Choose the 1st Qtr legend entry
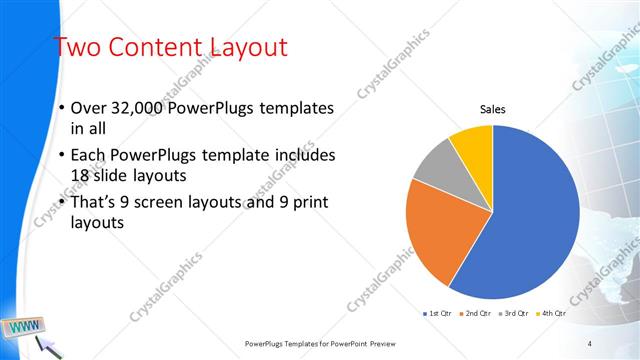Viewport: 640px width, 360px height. click(x=438, y=314)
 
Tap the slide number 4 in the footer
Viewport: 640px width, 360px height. click(x=590, y=343)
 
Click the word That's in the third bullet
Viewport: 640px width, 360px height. click(x=96, y=204)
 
